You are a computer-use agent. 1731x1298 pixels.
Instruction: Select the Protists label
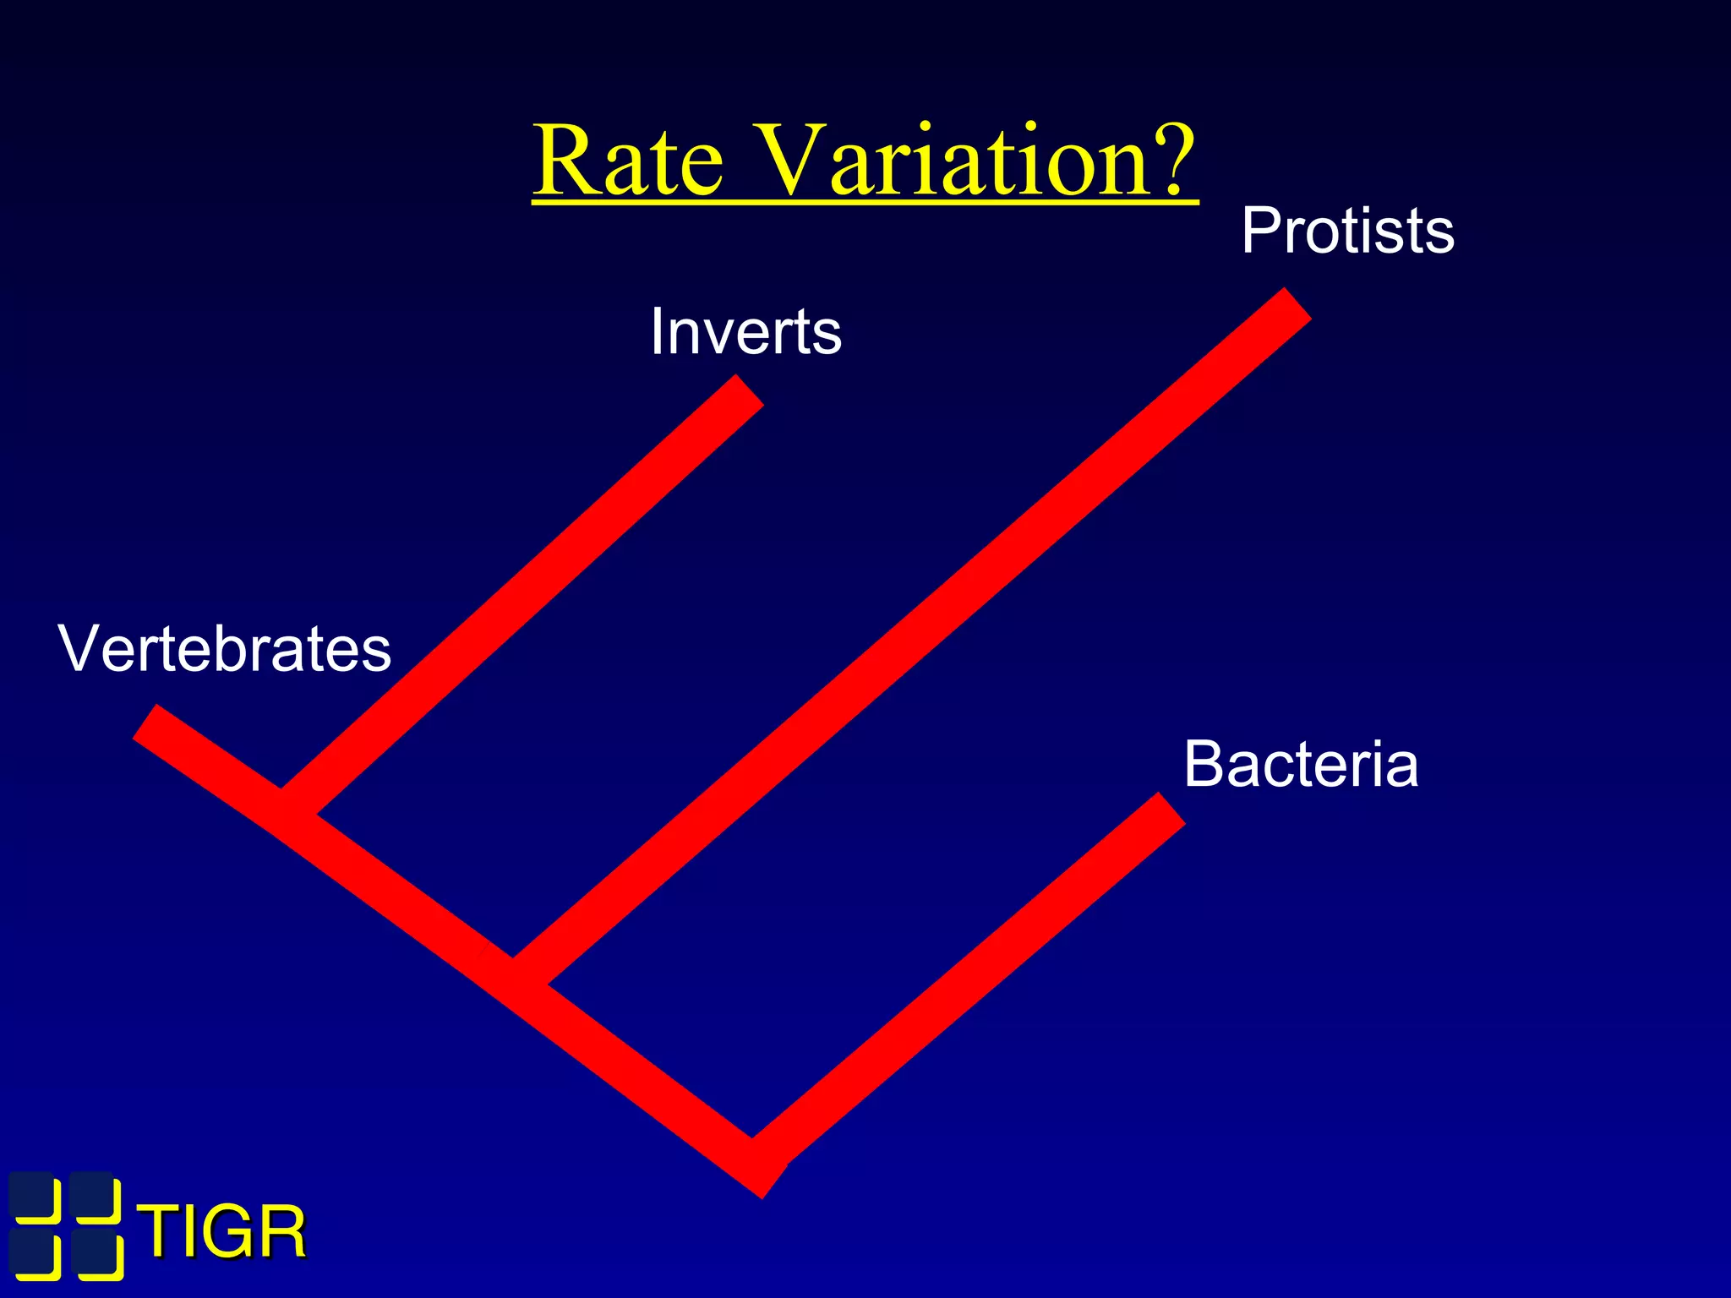(x=1347, y=231)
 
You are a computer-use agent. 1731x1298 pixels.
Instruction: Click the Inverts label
(x=745, y=331)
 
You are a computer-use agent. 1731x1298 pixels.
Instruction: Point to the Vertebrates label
(x=224, y=648)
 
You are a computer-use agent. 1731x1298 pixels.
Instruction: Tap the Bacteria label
(x=1300, y=764)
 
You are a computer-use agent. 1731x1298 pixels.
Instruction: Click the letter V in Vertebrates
(x=79, y=648)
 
